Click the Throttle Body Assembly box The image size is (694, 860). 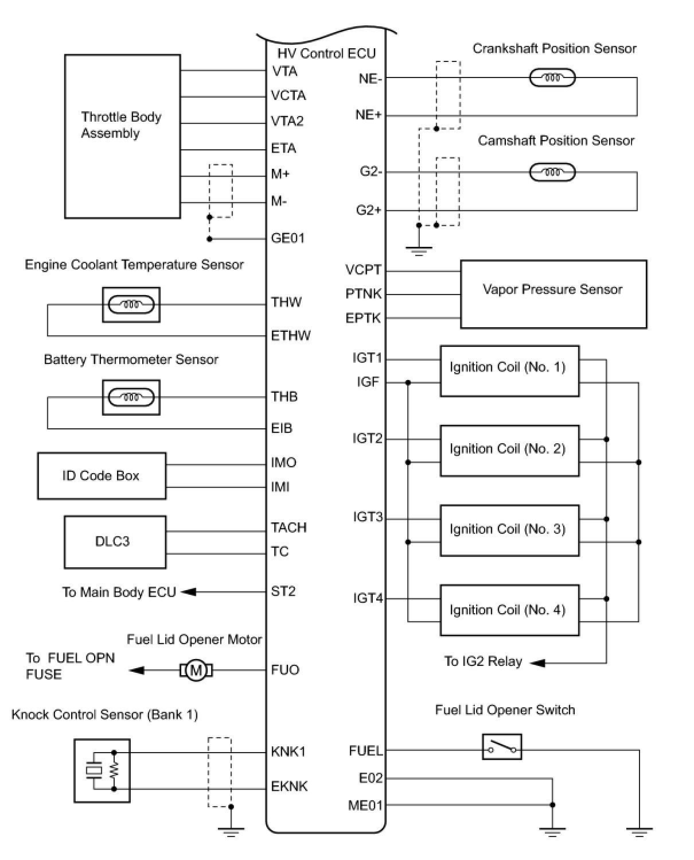[x=122, y=137]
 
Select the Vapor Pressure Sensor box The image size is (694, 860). [x=553, y=294]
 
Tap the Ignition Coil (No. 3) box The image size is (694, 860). [x=509, y=530]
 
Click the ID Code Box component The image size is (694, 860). [x=102, y=476]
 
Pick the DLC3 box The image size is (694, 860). [x=115, y=541]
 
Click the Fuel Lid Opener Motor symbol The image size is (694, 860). [x=196, y=670]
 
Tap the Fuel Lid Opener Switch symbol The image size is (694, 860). [x=502, y=747]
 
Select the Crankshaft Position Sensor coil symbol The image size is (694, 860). [x=552, y=78]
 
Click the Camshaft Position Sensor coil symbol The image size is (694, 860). [x=552, y=172]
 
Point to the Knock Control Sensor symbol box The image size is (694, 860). [x=102, y=770]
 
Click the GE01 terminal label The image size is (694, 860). [x=288, y=238]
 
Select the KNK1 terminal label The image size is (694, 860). [x=288, y=751]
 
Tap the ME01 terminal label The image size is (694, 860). [x=365, y=805]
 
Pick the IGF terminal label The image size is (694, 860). [x=368, y=382]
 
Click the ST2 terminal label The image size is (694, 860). [x=283, y=591]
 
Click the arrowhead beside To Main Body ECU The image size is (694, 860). [x=189, y=592]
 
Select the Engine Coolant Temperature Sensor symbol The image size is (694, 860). [x=131, y=304]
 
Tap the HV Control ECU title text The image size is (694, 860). [x=326, y=53]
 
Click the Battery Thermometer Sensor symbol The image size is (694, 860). [x=131, y=397]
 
